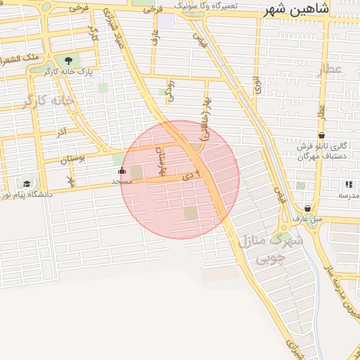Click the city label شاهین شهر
click(295, 9)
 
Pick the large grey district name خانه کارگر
click(48, 101)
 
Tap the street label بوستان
click(72, 159)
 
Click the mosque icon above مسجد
click(122, 170)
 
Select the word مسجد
click(122, 181)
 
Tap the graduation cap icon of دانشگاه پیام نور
click(27, 184)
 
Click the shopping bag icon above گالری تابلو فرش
click(321, 135)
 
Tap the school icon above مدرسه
click(349, 184)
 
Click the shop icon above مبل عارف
click(307, 208)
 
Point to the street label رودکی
click(169, 89)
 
